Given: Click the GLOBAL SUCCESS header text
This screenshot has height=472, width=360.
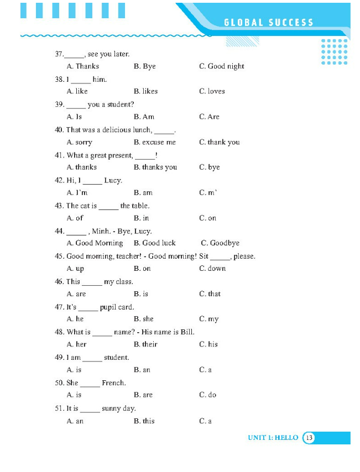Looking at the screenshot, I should (269, 23).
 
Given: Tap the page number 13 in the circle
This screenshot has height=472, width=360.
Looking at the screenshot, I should (309, 438).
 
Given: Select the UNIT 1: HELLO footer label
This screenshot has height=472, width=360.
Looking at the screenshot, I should (273, 438).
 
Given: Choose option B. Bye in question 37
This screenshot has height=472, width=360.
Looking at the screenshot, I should (144, 66).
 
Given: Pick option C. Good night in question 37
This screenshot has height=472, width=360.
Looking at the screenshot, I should (221, 66).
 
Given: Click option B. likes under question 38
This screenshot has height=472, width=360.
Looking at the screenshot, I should (145, 91).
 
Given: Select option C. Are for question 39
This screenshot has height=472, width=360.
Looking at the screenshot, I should (209, 117).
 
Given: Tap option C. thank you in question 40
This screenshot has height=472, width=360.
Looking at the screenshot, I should (219, 142).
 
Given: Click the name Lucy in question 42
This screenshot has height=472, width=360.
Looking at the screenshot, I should (113, 181).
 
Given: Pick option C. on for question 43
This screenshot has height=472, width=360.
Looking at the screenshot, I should (207, 218).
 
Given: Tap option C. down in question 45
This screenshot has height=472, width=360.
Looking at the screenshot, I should (212, 269).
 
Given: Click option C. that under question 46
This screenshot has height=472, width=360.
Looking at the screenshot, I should (210, 294).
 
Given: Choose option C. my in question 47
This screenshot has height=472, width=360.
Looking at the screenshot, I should (208, 319).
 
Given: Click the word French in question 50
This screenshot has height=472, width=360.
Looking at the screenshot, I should (113, 383).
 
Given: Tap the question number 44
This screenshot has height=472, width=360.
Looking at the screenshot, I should (59, 232).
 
